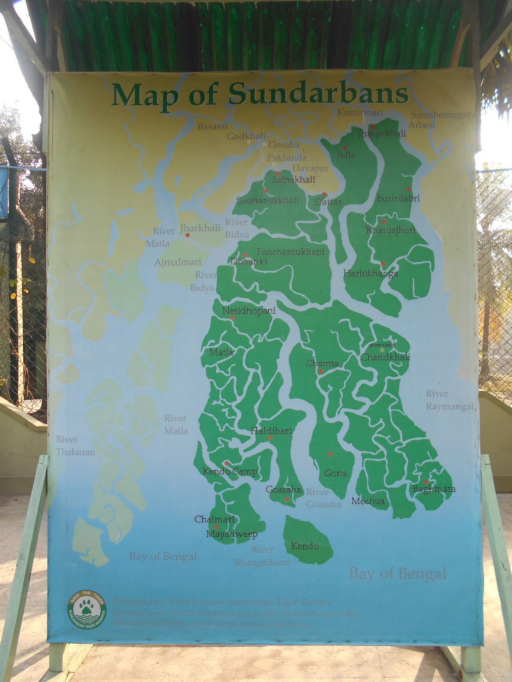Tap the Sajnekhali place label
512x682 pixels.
pos(294,180)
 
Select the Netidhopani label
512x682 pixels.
pos(249,311)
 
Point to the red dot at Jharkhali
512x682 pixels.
pos(188,235)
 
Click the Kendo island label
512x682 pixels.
pos(305,546)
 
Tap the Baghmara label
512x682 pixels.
pos(434,489)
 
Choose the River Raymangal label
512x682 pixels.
pos(449,400)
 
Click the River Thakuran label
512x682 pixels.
pos(75,445)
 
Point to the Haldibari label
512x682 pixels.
pos(271,431)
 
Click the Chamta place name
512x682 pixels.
pos(322,364)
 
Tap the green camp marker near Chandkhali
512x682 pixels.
pos(382,350)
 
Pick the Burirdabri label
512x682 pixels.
pos(398,198)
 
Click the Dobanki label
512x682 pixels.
pos(248,261)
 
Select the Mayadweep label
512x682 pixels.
pos(232,534)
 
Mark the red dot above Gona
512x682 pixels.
pos(330,454)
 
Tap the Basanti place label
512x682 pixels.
pos(212,127)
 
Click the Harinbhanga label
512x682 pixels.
pos(370,273)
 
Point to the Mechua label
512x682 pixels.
pos(368,501)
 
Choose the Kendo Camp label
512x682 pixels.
pos(230,471)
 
